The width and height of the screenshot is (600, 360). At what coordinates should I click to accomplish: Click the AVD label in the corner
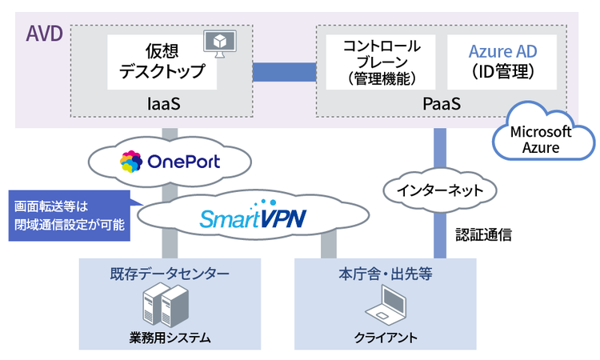42,34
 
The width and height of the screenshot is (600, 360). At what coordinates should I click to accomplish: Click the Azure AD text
503,51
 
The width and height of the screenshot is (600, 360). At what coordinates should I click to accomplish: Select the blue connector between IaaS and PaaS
284,72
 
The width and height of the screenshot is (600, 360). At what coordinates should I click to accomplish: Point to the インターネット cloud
434,190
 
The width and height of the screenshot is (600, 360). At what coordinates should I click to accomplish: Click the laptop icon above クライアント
386,307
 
